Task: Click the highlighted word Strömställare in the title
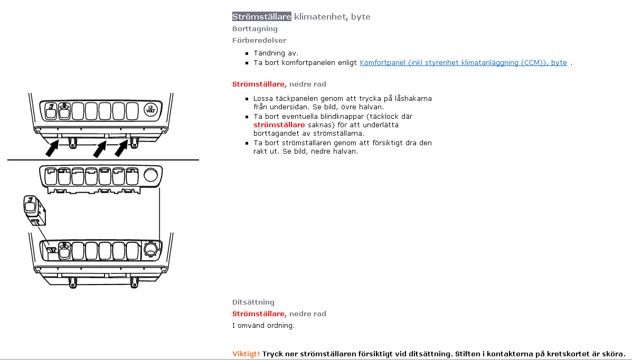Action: click(262, 17)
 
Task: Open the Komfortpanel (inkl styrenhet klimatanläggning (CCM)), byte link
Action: click(463, 63)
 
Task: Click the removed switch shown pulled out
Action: click(33, 209)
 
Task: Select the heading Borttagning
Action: click(254, 29)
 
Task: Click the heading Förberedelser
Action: click(259, 41)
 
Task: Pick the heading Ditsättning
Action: click(253, 302)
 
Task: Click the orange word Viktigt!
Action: click(246, 354)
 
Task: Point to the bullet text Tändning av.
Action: click(276, 53)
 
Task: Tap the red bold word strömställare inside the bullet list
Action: click(279, 125)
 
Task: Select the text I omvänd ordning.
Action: click(263, 325)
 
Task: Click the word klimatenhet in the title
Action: click(319, 17)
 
